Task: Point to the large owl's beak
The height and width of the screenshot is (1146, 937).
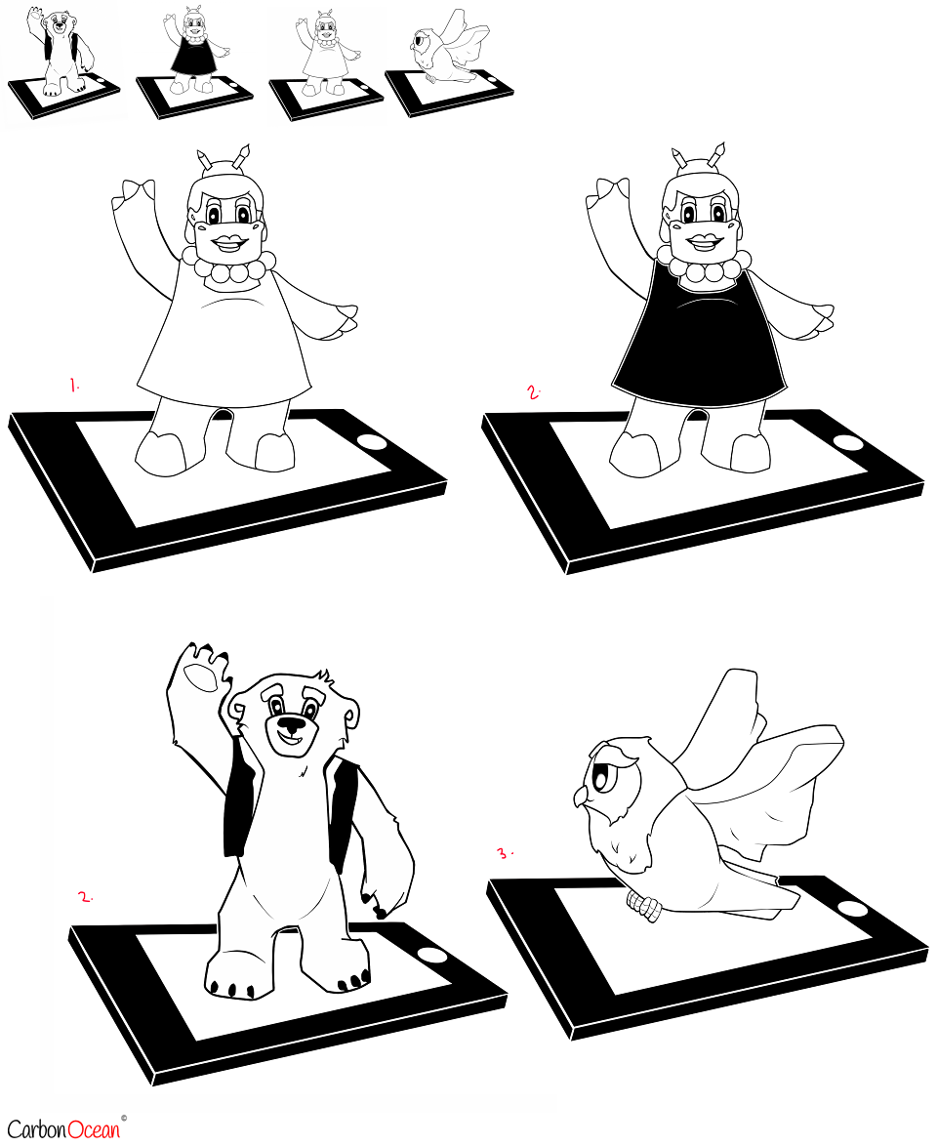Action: [580, 796]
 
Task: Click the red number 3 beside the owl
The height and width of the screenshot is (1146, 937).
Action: [504, 852]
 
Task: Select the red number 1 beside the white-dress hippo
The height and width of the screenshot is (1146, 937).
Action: [74, 386]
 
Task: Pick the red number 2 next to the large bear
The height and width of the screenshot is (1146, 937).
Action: [86, 897]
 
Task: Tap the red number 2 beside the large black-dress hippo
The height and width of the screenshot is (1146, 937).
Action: [534, 392]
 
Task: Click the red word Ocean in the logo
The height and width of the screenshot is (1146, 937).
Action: [93, 1130]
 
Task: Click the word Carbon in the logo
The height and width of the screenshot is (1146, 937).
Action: [36, 1130]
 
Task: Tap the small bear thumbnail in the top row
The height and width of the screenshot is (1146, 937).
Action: [63, 64]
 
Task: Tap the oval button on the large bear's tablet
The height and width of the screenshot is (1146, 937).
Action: [431, 956]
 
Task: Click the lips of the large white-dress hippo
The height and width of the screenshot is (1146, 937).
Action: [227, 243]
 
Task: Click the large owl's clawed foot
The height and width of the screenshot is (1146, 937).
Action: [643, 907]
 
